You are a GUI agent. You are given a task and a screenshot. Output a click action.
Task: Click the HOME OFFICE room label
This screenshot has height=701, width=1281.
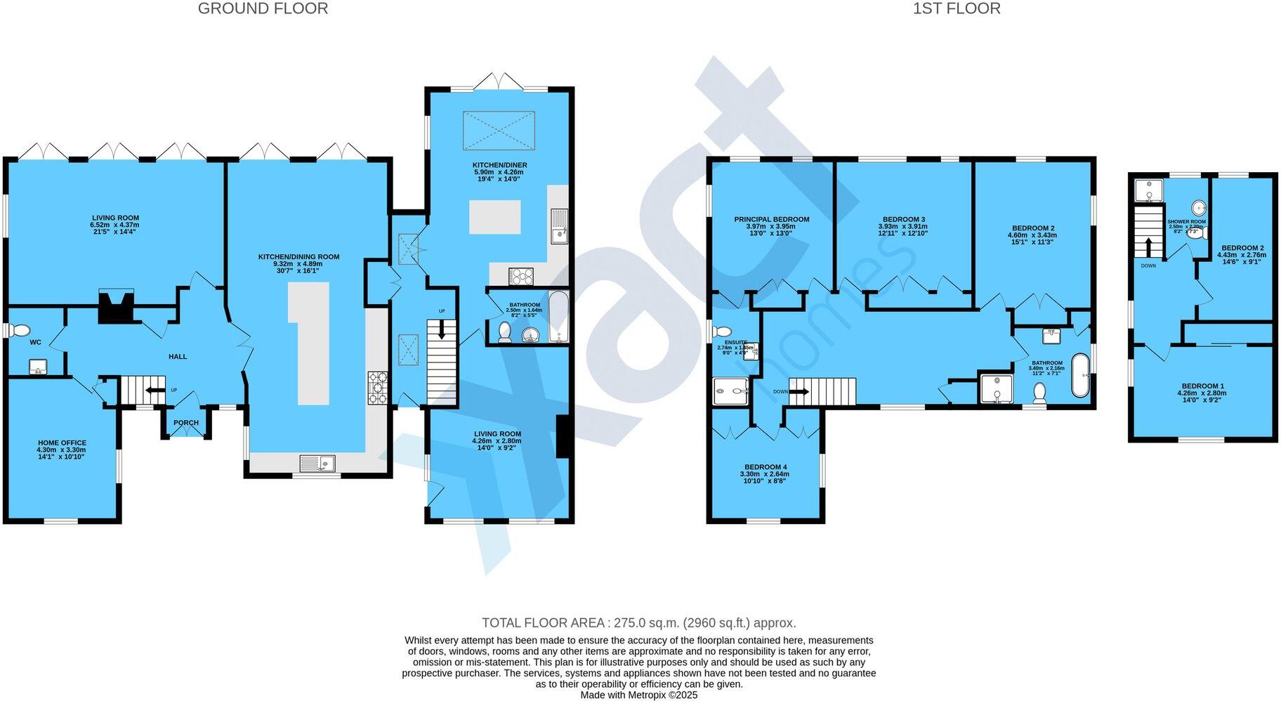[62, 443]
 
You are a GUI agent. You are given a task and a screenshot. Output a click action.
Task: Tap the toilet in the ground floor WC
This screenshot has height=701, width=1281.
[20, 330]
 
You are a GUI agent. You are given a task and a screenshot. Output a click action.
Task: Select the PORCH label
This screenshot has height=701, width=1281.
[186, 423]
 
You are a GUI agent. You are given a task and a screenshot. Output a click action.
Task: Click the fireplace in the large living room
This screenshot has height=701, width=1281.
[115, 307]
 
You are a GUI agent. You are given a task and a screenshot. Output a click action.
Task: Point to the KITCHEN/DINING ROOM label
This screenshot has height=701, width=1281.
[298, 257]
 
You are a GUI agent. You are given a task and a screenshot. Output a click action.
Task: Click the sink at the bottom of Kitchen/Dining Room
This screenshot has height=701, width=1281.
[317, 463]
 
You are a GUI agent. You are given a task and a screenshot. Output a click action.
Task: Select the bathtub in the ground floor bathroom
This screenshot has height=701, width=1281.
[558, 317]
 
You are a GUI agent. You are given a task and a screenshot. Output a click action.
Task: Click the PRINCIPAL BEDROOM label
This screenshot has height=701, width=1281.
[771, 219]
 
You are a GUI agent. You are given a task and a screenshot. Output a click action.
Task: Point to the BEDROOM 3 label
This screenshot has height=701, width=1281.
[902, 219]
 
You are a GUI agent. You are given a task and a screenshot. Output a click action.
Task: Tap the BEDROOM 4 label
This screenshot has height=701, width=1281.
[766, 467]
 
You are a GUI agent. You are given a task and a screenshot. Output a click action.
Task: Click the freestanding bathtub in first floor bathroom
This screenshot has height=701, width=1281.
[1079, 376]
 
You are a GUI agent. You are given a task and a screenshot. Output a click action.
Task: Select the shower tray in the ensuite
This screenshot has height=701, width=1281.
[731, 391]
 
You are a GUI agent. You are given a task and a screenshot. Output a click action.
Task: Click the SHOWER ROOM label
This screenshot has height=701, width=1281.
[1186, 222]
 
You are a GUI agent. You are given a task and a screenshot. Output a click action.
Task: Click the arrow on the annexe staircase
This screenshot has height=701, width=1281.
[1149, 248]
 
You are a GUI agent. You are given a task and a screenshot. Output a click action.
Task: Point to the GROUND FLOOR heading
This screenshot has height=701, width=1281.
[263, 8]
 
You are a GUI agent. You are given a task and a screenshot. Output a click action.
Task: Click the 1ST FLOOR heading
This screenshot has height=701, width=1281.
[957, 8]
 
